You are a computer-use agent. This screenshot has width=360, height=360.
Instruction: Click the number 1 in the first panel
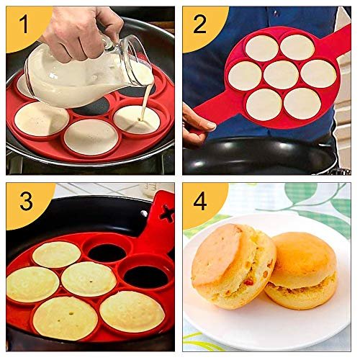pos(24,24)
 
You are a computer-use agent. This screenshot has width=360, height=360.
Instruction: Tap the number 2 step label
pos(199,24)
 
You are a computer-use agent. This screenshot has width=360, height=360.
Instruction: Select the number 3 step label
pos(26,201)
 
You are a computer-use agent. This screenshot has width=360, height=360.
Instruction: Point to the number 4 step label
pos(200,201)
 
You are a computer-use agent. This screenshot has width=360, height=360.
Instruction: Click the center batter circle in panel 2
pos(281,75)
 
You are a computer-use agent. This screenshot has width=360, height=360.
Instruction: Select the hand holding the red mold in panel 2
pos(197,125)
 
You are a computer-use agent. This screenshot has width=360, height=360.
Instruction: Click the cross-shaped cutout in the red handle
pos(166,212)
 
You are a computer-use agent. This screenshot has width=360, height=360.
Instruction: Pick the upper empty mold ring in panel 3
pos(108,253)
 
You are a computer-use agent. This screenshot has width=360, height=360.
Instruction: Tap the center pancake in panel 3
pos(89,279)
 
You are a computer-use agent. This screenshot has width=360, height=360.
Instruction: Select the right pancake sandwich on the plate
pos(301,270)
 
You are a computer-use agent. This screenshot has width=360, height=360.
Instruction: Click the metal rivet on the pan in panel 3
pos(144,213)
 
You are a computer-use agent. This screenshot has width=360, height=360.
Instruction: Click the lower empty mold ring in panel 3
pos(146,276)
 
